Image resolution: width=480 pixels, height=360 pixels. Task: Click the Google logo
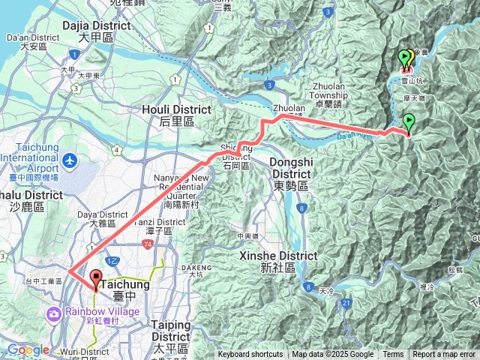click(x=28, y=350)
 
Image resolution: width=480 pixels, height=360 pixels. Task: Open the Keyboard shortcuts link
click(x=250, y=355)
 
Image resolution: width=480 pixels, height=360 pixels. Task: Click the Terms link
click(x=393, y=355)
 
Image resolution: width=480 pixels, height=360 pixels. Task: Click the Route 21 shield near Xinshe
click(x=346, y=302)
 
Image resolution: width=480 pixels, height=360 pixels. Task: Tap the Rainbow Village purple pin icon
click(x=52, y=312)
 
